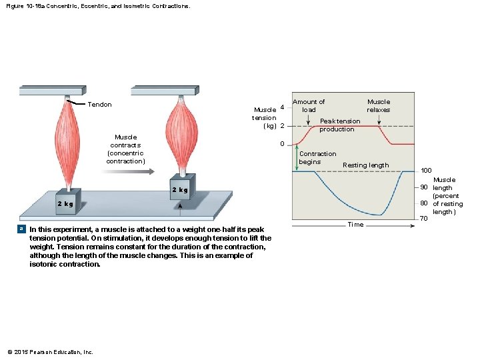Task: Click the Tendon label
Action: coord(99,105)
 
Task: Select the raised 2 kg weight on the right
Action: coord(182,188)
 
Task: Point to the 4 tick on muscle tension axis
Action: coord(282,107)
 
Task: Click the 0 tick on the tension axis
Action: coord(282,144)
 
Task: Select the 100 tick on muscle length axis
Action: coord(426,171)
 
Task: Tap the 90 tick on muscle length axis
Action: coord(423,187)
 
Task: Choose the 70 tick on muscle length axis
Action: coord(423,219)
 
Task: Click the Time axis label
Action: coord(355,225)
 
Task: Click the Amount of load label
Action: coord(309,105)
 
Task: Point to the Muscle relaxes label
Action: coord(379,105)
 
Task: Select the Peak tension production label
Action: coord(339,125)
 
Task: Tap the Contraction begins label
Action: coord(317,157)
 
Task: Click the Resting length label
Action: coord(365,165)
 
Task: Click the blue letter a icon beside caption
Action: coord(23,229)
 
